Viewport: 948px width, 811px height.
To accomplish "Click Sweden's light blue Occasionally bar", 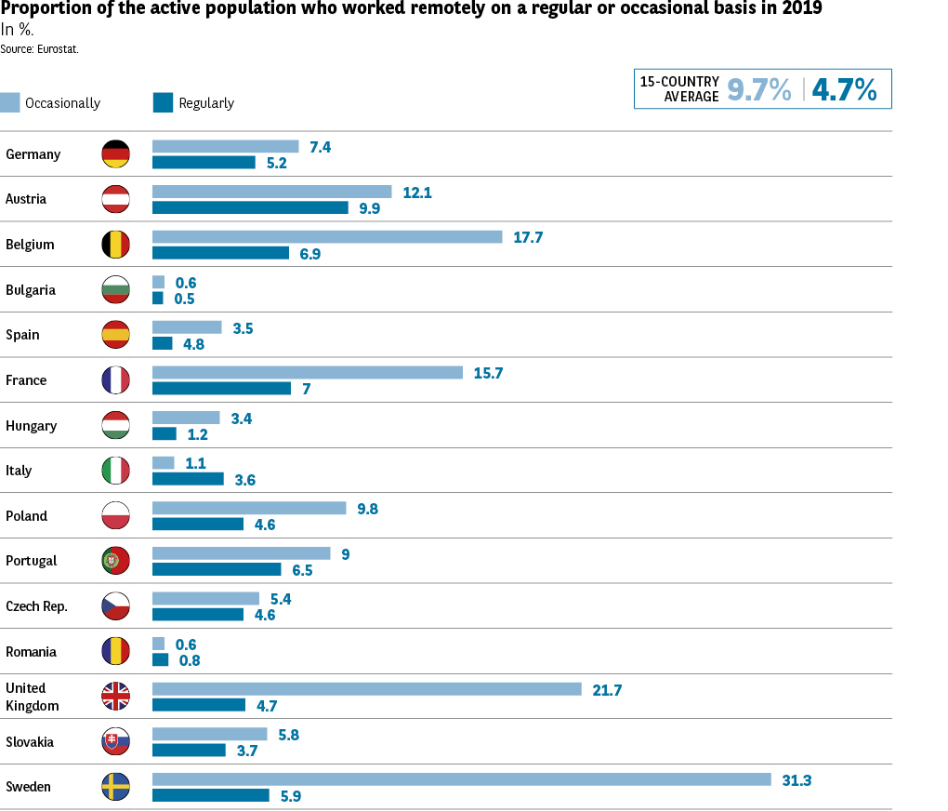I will pos(462,779).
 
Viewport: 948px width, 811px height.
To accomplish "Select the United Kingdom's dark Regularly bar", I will pos(199,705).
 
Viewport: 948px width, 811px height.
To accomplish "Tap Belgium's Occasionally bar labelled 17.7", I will pos(327,237).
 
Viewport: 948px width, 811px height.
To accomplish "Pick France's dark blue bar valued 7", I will pos(222,388).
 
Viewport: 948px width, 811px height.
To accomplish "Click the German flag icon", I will pos(115,154).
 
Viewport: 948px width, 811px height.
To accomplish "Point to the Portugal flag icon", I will pos(115,561).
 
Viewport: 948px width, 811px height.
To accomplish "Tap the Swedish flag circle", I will pos(115,787).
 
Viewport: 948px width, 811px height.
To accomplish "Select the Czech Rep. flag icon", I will pos(115,606).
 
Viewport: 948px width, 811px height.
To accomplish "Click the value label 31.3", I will pos(797,780).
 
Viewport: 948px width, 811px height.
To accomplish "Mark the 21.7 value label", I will pos(607,689).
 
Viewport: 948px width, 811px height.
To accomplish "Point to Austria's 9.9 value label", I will pos(369,208).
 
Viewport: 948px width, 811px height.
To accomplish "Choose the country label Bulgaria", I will pos(31,290).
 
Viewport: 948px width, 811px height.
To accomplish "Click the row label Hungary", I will pos(31,426).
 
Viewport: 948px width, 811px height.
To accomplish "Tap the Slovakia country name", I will pos(30,742).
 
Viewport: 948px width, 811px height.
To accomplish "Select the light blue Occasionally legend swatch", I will pos(10,102).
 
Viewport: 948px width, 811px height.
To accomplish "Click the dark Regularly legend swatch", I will pos(163,102).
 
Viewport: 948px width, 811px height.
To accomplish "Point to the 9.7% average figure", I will pos(759,89).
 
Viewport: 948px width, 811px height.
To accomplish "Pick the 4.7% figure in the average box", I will pos(844,89).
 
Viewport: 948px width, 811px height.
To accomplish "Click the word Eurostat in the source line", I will pos(58,48).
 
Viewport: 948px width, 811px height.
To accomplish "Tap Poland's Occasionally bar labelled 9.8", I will pos(249,509).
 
